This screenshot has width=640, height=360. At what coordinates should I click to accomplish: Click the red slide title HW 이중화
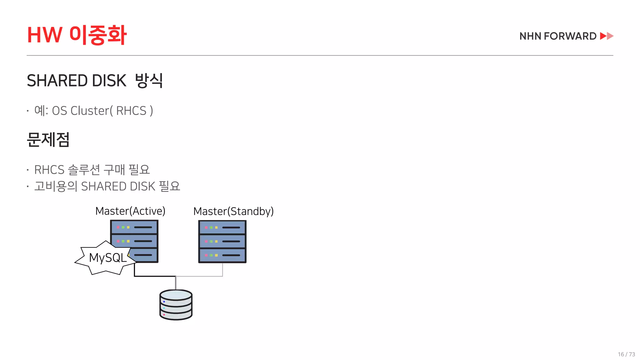[77, 35]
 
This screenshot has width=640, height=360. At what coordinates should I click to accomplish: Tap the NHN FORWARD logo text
[558, 36]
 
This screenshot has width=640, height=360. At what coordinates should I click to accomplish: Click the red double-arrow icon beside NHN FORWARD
[607, 36]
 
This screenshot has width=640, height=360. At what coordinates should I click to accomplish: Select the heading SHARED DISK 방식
[95, 81]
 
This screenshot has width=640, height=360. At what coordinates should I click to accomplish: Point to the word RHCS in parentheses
[131, 111]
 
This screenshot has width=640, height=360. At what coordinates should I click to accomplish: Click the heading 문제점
[48, 139]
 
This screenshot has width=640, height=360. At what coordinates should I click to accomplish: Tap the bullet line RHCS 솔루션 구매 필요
[92, 170]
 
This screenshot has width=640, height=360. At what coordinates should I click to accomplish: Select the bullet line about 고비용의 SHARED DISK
[107, 187]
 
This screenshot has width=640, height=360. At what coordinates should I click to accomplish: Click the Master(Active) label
[130, 211]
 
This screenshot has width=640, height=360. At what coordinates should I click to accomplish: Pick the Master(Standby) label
[233, 212]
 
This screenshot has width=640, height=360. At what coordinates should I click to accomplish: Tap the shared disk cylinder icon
[176, 305]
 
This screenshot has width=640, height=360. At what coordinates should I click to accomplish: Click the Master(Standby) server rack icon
[222, 242]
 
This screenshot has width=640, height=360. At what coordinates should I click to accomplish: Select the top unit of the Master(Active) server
[134, 227]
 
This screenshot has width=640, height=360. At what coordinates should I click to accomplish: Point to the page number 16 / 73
[626, 354]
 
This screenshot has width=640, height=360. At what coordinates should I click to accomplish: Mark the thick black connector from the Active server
[153, 276]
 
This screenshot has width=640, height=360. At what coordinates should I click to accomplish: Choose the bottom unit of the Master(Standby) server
[222, 255]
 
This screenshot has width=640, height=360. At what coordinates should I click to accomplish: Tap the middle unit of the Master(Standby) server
[222, 242]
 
